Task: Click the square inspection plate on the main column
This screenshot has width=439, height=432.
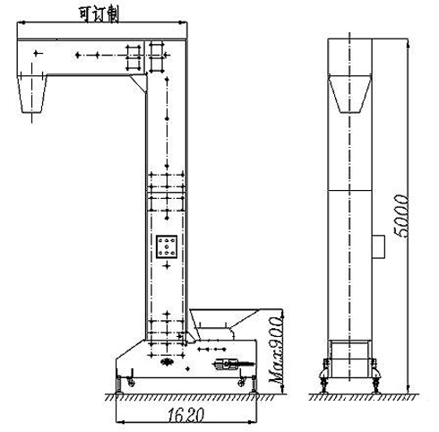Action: click(x=168, y=248)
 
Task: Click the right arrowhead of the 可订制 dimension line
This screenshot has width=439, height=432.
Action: click(x=185, y=22)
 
